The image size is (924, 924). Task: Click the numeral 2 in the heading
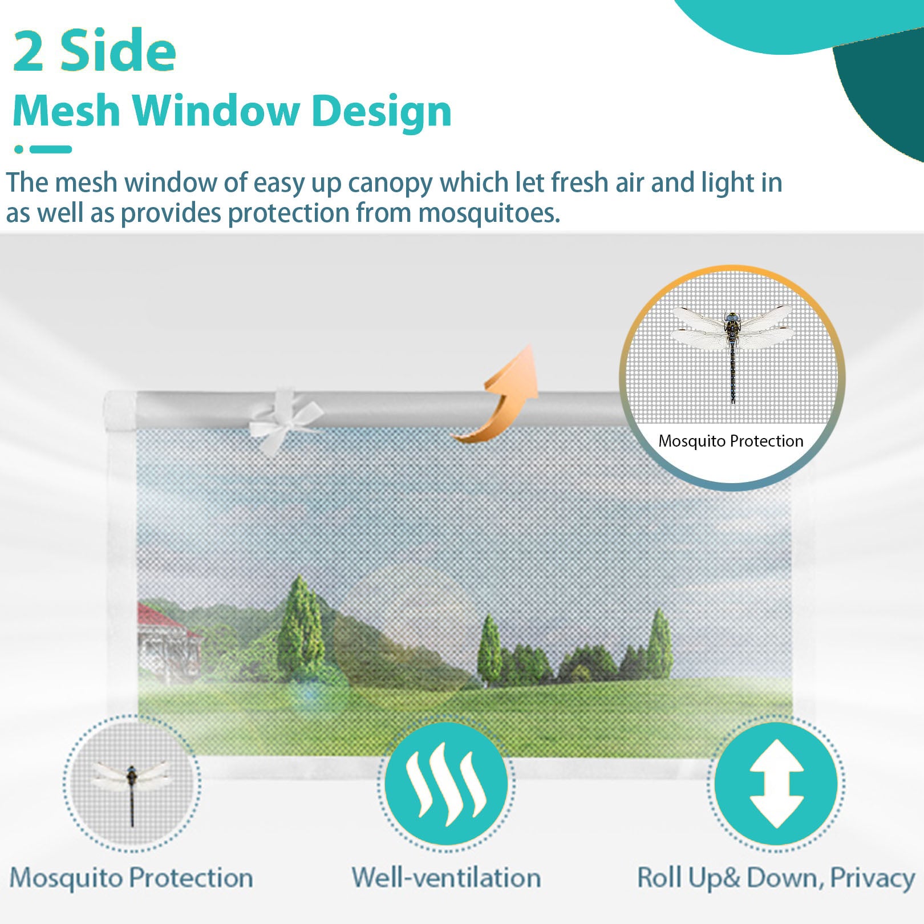point(28,52)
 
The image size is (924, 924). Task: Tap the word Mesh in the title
point(67,111)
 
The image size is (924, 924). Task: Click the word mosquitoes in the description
point(489,213)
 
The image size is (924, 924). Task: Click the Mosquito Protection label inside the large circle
point(731,441)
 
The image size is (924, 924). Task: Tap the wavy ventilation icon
point(446,783)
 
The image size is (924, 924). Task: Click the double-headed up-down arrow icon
point(776,783)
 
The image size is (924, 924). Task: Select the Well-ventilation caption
point(446,877)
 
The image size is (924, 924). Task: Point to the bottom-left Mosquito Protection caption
point(131,877)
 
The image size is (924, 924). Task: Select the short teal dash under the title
point(51,149)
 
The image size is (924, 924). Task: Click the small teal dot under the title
point(19,149)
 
